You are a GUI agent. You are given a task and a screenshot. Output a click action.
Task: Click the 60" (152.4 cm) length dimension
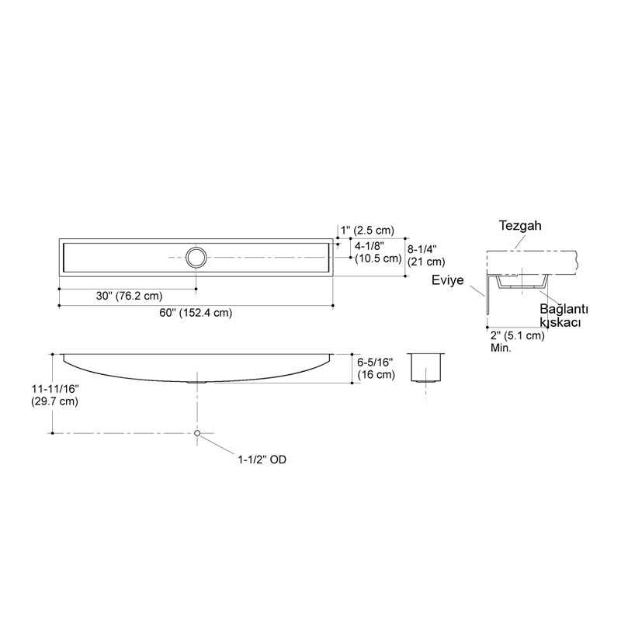pyautogui.click(x=196, y=313)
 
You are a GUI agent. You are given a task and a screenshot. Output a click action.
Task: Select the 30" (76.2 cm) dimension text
pyautogui.click(x=129, y=296)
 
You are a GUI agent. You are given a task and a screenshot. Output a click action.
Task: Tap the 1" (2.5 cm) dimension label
pyautogui.click(x=368, y=230)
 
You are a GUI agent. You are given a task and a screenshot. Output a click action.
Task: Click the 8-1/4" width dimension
pyautogui.click(x=426, y=248)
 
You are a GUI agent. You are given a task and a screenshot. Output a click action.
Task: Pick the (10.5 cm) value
pyautogui.click(x=377, y=259)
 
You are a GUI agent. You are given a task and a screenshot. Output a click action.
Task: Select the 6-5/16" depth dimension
pyautogui.click(x=376, y=363)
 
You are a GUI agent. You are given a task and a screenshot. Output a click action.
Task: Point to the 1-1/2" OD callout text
pyautogui.click(x=262, y=460)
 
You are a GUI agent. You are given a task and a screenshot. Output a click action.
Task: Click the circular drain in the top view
pyautogui.click(x=196, y=257)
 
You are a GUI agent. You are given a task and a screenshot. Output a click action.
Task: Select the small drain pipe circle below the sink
pyautogui.click(x=198, y=432)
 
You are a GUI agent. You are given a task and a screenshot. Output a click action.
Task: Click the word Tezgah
pyautogui.click(x=519, y=226)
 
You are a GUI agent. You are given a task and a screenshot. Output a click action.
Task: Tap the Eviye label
pyautogui.click(x=447, y=282)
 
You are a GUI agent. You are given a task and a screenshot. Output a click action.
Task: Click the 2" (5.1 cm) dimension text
pyautogui.click(x=517, y=336)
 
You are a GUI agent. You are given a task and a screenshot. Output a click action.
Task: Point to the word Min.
pyautogui.click(x=501, y=349)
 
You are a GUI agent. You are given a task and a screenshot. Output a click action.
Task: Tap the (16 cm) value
pyautogui.click(x=376, y=375)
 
